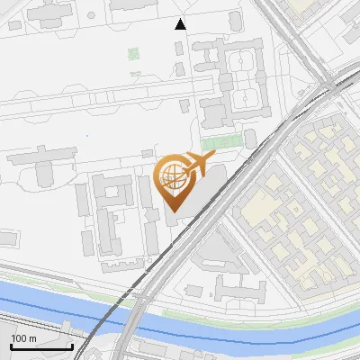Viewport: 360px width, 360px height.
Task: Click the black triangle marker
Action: [181, 24]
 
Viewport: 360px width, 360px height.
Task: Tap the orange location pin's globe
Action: [171, 177]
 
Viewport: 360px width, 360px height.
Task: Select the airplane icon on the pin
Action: [197, 165]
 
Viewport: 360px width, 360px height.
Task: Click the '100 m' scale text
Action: [23, 338]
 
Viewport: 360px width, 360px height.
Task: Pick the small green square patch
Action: [133, 53]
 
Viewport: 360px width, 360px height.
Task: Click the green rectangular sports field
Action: [220, 142]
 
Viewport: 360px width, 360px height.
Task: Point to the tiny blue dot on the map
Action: [87, 136]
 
